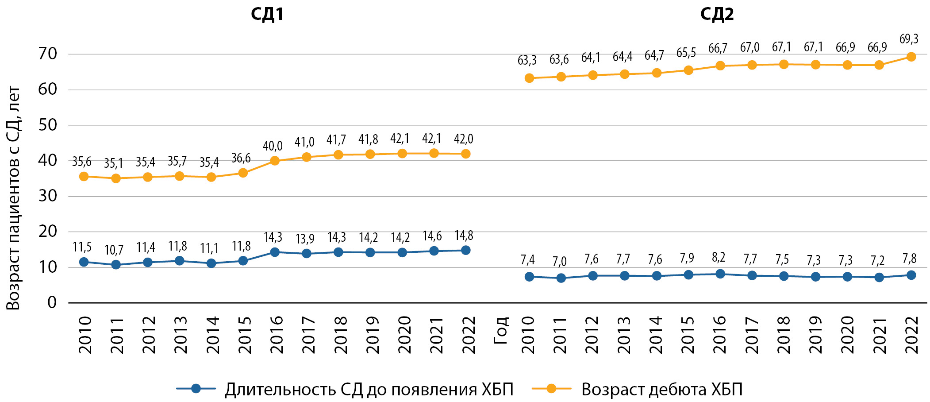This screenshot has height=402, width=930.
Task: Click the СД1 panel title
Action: click(x=267, y=15)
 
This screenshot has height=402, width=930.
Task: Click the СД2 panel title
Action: click(x=717, y=15)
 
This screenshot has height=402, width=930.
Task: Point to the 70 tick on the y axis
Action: click(x=48, y=54)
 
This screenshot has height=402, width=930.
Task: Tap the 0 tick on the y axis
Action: click(x=52, y=303)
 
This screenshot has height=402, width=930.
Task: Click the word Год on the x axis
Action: click(x=500, y=330)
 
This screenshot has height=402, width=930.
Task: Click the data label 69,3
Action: click(x=909, y=39)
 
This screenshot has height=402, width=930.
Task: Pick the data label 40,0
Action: click(x=273, y=146)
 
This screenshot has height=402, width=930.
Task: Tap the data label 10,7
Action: click(x=114, y=250)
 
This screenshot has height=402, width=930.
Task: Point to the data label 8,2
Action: click(x=719, y=257)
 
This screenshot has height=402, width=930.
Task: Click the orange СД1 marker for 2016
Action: click(x=275, y=161)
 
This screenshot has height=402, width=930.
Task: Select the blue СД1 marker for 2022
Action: click(x=465, y=250)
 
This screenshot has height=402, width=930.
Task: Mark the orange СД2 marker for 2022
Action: click(x=911, y=57)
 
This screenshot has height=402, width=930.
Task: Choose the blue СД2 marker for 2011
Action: click(x=561, y=278)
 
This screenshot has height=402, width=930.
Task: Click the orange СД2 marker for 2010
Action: click(x=529, y=78)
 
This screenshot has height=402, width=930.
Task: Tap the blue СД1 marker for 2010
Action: click(x=84, y=262)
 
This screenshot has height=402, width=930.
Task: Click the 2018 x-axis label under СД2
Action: click(x=784, y=335)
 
